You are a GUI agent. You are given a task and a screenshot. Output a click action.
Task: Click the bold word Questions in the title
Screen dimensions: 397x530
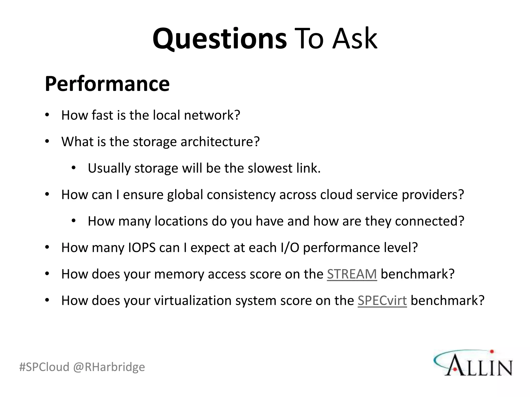tap(219, 39)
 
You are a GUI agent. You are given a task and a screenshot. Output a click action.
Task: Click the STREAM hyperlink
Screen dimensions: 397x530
tap(352, 274)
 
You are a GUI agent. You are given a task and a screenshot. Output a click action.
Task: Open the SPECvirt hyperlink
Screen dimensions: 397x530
tap(382, 301)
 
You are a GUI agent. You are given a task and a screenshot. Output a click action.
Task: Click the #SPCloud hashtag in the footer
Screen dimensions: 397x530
tap(44, 367)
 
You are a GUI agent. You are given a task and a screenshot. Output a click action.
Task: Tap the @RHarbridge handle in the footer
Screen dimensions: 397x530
tap(109, 367)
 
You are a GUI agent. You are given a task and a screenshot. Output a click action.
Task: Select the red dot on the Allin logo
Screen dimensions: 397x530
tap(492, 352)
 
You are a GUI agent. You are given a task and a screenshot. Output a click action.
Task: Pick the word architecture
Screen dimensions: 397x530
tap(220, 142)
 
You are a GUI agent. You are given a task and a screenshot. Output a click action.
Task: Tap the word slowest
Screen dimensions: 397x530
tap(270, 168)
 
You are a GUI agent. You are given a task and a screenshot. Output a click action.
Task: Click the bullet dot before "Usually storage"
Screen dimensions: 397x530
tap(74, 168)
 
